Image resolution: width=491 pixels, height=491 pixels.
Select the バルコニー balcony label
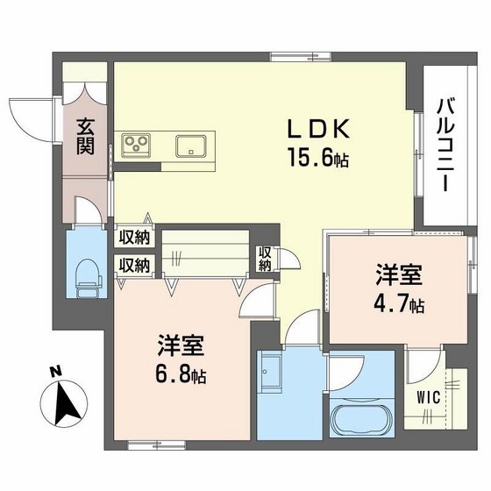coord(445,146)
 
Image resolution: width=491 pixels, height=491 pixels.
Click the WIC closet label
coord(429,396)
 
